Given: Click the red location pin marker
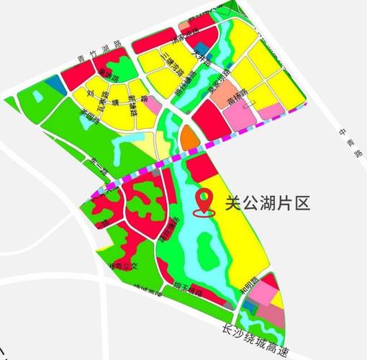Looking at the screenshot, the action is click(206, 202).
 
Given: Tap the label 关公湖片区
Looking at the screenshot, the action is click(267, 204).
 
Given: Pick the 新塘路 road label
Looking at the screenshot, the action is click(134, 105).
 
